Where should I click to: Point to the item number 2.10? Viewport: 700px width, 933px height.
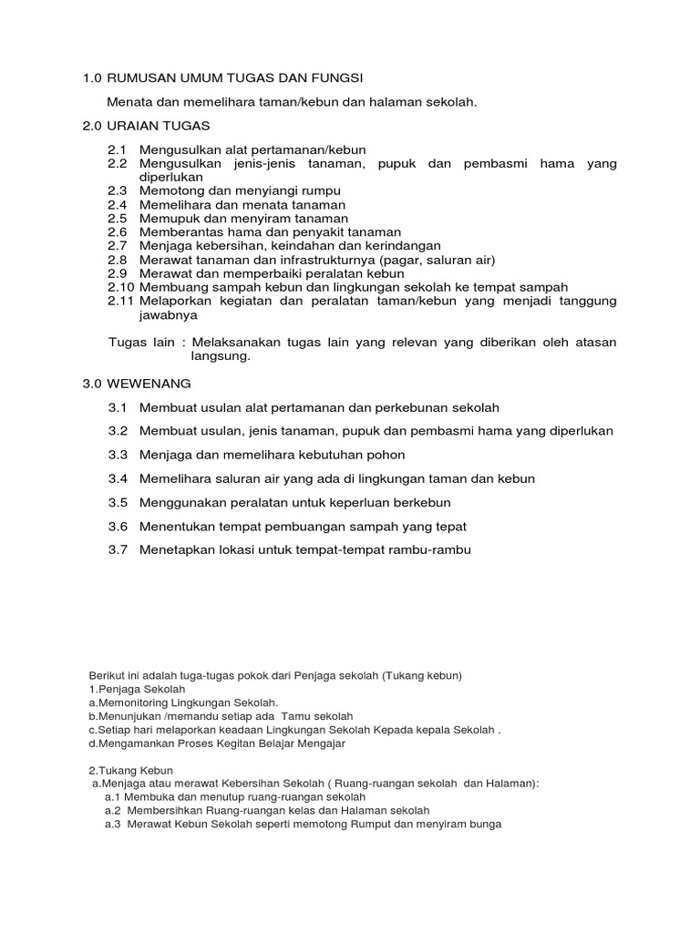point(120,286)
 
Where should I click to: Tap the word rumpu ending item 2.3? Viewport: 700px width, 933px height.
point(321,190)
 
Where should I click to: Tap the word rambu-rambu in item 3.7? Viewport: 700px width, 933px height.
point(430,549)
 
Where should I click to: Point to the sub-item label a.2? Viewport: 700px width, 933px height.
point(113,810)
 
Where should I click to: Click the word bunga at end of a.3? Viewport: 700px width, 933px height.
point(483,824)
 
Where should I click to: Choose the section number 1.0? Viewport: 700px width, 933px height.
point(93,79)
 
